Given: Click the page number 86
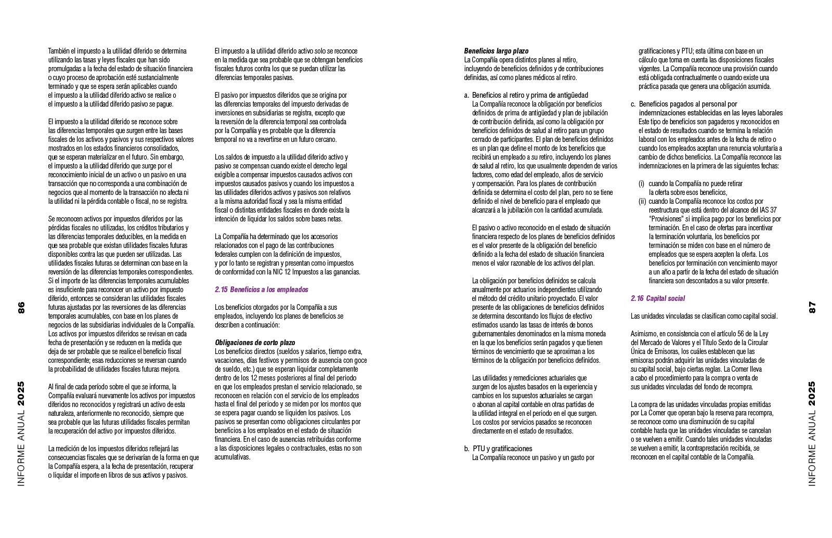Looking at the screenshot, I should [21, 307].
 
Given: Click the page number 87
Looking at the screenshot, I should [812, 307].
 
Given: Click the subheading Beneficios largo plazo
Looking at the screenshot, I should [496, 51].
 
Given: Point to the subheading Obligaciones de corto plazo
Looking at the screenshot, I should [254, 343].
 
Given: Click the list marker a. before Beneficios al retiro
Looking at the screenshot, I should [466, 95].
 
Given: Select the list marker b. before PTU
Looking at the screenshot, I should [466, 449].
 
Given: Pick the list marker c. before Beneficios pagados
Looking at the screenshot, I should [633, 104].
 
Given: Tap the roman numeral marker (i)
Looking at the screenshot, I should [641, 183].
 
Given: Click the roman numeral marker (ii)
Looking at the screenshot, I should [642, 201].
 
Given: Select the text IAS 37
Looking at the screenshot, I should [766, 210].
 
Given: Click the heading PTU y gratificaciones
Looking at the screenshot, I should [502, 449].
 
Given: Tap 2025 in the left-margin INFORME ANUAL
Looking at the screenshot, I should [21, 394].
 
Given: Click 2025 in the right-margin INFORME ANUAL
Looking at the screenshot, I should [812, 394].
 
